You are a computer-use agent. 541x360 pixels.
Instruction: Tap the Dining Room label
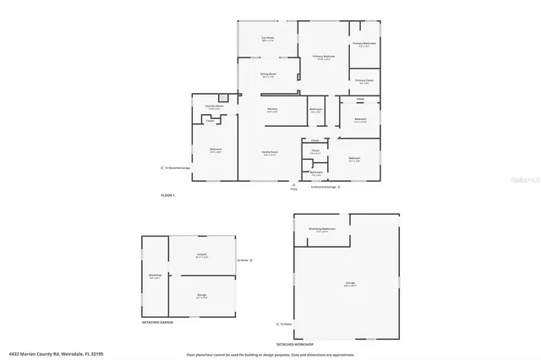click(x=268, y=75)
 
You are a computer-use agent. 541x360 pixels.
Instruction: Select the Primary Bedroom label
click(x=324, y=57)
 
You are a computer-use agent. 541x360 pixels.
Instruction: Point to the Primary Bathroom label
click(x=364, y=43)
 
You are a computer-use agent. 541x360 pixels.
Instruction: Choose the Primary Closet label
click(x=364, y=81)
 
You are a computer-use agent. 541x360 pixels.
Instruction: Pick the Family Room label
click(x=269, y=153)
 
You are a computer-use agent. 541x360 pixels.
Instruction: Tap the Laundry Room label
click(x=214, y=107)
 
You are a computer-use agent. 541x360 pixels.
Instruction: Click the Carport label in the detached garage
click(x=202, y=254)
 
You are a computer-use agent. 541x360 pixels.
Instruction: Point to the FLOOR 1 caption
click(x=167, y=195)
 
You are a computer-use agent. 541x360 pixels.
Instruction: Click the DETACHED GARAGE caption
click(x=158, y=322)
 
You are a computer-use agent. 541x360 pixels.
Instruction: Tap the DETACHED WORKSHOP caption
click(x=295, y=344)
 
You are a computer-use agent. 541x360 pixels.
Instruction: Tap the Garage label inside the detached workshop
click(x=349, y=285)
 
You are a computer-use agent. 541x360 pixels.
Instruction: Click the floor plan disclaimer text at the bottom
click(x=279, y=353)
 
